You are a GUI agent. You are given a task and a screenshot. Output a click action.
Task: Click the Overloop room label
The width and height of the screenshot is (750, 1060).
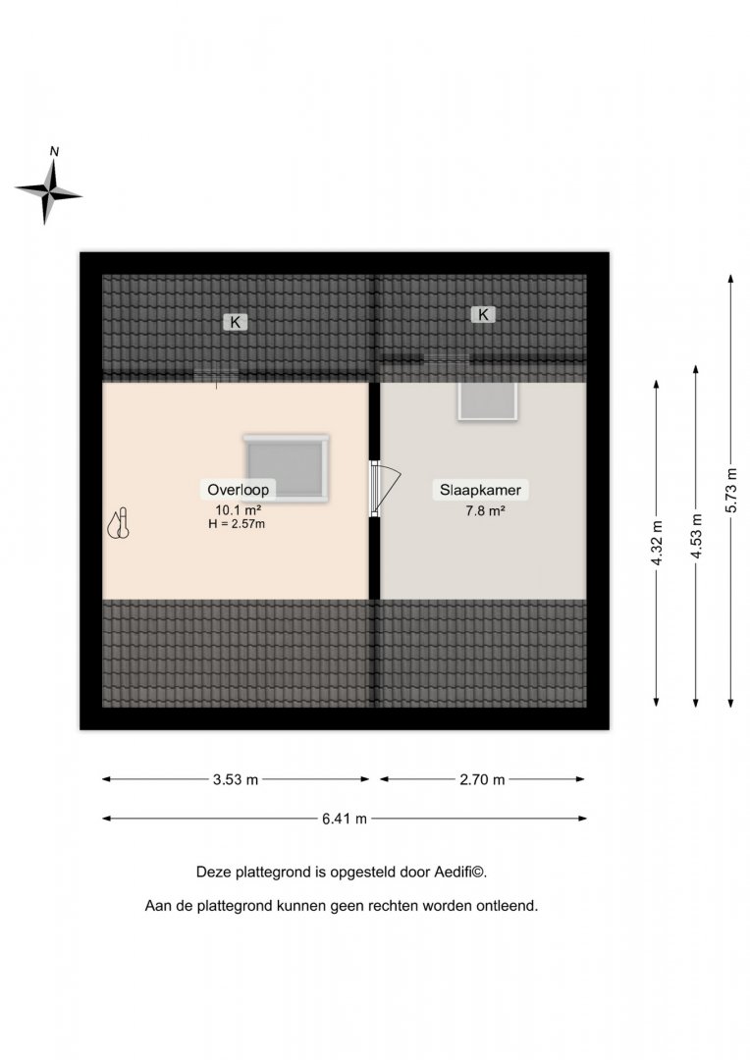(x=238, y=490)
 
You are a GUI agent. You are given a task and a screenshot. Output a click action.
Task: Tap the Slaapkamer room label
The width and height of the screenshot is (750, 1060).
(x=480, y=490)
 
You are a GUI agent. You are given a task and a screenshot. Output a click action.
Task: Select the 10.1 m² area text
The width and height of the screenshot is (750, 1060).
(x=238, y=509)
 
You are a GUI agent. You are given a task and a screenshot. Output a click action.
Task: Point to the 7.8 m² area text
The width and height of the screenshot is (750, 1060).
(x=485, y=510)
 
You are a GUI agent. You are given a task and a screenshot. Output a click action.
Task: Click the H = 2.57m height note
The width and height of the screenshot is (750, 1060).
(x=237, y=524)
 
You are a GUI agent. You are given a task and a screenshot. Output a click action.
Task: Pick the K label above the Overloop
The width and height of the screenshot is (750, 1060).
(x=236, y=323)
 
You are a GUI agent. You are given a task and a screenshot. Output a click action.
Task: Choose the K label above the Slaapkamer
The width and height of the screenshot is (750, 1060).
(x=483, y=314)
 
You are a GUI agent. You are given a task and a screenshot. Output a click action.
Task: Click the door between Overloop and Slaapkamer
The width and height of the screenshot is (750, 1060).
(x=385, y=489)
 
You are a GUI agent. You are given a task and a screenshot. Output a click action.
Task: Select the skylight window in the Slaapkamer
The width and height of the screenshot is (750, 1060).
(x=487, y=401)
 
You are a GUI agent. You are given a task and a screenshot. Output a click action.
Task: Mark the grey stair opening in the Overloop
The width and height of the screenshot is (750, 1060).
(x=286, y=468)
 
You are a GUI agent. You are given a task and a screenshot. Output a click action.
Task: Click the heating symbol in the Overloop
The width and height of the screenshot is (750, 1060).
(x=119, y=524)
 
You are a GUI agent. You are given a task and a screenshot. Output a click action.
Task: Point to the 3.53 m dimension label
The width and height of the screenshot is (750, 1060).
(x=236, y=779)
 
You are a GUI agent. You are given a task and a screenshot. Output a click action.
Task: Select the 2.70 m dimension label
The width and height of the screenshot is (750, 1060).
(x=482, y=779)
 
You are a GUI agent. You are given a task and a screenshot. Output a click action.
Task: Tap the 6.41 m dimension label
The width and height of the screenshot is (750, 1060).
(x=345, y=819)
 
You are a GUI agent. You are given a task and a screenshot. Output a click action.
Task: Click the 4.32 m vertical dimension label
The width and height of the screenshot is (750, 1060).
(x=658, y=543)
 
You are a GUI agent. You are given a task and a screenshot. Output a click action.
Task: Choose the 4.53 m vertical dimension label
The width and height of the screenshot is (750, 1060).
(x=697, y=536)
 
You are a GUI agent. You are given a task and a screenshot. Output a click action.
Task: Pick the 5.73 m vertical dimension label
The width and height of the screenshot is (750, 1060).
(x=731, y=490)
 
